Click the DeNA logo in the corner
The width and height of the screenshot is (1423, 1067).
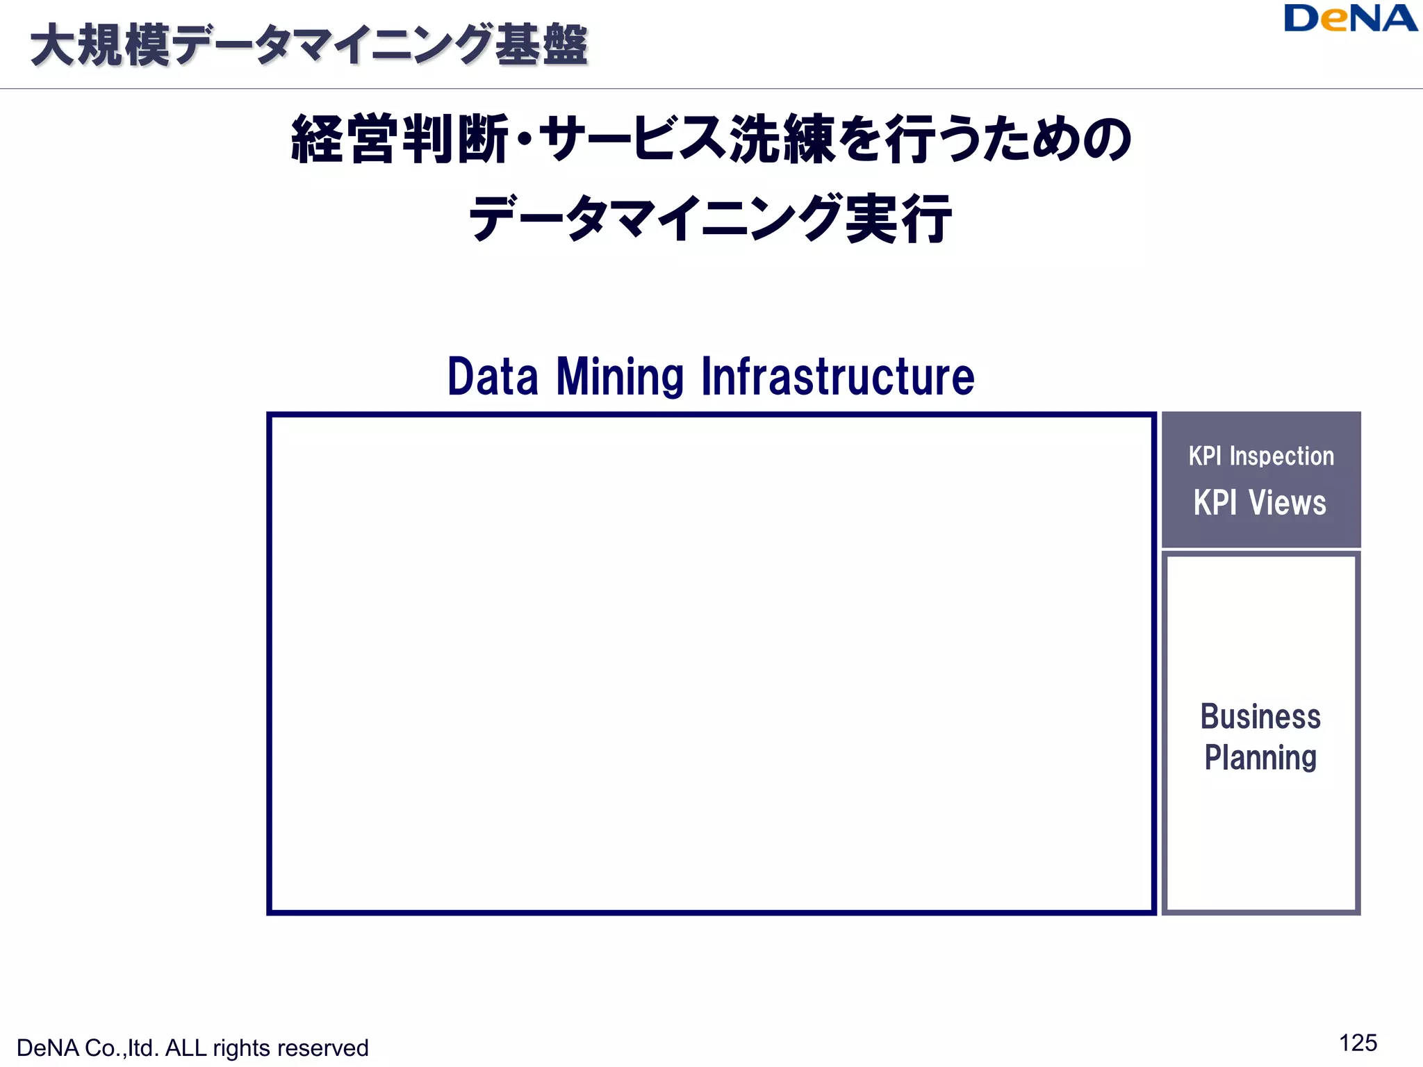point(1350,19)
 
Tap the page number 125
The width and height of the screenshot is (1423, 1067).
point(1358,1043)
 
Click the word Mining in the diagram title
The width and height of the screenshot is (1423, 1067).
point(620,377)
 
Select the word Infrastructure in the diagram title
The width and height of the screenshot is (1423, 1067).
point(838,377)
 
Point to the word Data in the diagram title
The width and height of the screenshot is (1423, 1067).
point(493,377)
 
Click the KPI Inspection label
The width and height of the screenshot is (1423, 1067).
point(1261,456)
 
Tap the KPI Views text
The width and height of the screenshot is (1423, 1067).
point(1260,502)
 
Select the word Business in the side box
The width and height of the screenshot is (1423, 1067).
point(1260,717)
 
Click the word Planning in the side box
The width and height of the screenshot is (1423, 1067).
point(1260,757)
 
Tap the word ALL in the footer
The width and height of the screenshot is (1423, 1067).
point(186,1048)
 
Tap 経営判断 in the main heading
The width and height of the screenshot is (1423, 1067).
point(400,140)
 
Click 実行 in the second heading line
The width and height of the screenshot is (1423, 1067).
point(898,219)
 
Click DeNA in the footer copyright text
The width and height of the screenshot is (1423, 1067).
point(47,1048)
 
